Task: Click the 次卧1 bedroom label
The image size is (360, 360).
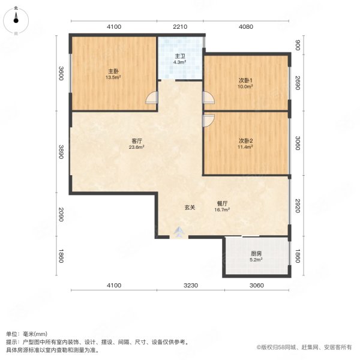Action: [x=245, y=83]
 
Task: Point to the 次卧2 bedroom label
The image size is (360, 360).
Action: [x=245, y=142]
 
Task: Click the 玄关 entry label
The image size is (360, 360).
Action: [x=190, y=207]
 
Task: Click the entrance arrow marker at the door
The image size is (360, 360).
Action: [x=178, y=231]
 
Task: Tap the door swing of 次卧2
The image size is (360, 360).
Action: [x=208, y=120]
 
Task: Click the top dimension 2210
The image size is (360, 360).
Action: [x=181, y=27]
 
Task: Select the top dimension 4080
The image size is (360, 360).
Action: [x=246, y=27]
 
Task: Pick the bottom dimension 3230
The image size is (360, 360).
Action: [x=190, y=284]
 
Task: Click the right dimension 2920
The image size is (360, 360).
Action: [x=296, y=207]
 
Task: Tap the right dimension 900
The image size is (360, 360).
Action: [x=296, y=44]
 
